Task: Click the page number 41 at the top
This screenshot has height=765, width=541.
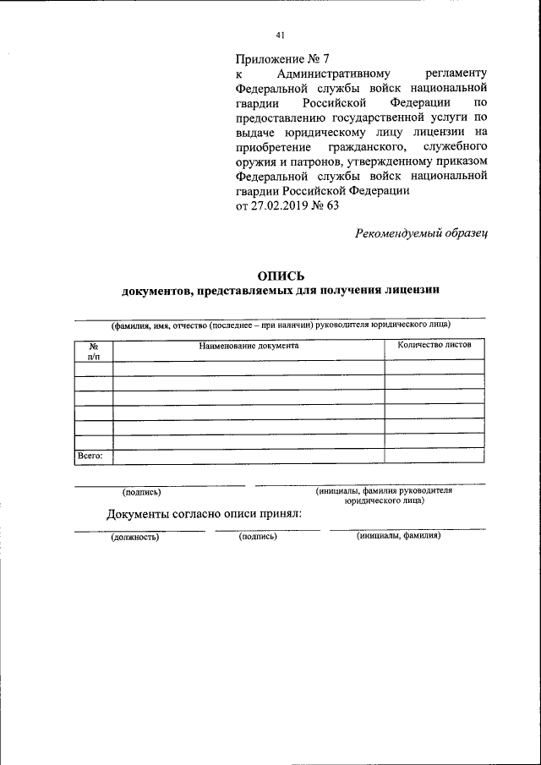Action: (280, 35)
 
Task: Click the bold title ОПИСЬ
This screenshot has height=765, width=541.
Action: (280, 276)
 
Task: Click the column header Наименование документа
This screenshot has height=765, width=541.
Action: (249, 345)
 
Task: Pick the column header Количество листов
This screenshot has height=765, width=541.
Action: (434, 345)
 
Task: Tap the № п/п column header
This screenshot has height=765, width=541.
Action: (94, 350)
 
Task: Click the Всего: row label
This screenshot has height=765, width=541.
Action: (90, 456)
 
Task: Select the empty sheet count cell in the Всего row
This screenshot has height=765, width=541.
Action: (434, 456)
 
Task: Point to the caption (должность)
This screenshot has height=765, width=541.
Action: (135, 536)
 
